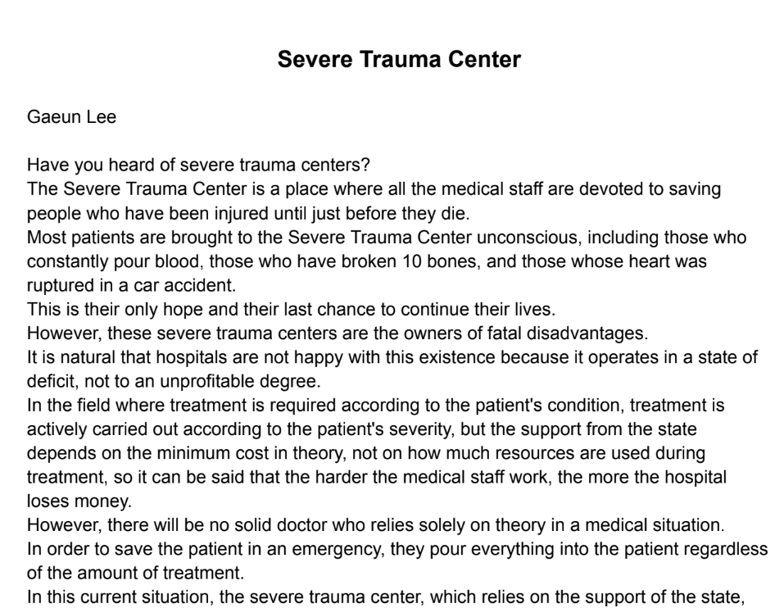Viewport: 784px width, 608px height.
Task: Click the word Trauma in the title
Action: pyautogui.click(x=397, y=60)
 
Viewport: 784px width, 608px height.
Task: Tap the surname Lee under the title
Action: pyautogui.click(x=102, y=117)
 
